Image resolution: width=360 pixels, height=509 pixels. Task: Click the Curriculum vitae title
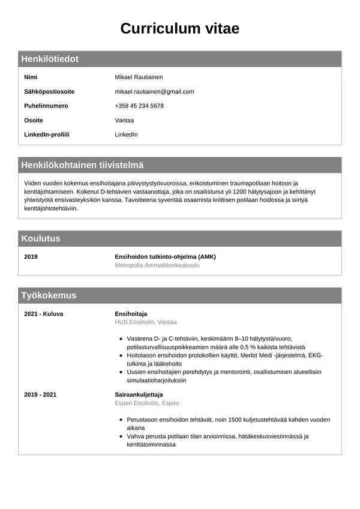tap(180, 28)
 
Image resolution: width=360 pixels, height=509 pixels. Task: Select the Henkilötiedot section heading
tap(50, 59)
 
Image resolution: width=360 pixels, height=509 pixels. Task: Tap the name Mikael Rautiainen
tap(139, 77)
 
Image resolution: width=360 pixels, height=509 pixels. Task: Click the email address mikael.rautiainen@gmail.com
tap(154, 92)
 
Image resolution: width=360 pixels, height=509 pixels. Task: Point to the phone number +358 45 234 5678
tap(139, 106)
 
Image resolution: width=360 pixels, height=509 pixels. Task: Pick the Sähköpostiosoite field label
tap(49, 92)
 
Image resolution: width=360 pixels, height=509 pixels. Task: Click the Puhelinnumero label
tap(46, 106)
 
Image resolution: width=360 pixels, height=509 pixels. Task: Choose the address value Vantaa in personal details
tap(124, 120)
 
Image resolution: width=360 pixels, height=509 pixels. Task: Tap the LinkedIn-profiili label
tap(47, 134)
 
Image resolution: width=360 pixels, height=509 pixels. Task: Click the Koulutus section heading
tap(41, 238)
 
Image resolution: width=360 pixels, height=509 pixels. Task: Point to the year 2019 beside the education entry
tap(31, 257)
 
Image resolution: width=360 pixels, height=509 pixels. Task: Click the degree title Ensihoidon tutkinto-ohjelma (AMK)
tap(165, 257)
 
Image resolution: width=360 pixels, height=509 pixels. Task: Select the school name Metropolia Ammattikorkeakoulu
tap(157, 265)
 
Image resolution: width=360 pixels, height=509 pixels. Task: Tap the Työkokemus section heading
tap(49, 295)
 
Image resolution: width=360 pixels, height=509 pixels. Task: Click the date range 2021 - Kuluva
tap(43, 314)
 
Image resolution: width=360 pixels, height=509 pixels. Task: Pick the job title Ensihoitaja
tap(131, 314)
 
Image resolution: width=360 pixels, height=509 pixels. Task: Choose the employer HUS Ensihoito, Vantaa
tap(146, 322)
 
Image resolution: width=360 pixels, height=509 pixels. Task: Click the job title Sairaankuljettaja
tap(139, 395)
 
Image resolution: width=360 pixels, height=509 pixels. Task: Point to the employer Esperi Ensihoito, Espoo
tap(146, 403)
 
